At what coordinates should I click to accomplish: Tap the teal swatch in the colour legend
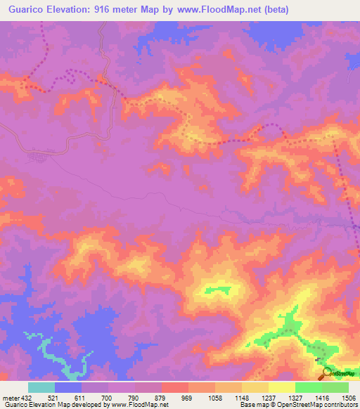coord(41,387)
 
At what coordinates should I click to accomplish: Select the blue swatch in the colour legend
coord(68,387)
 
